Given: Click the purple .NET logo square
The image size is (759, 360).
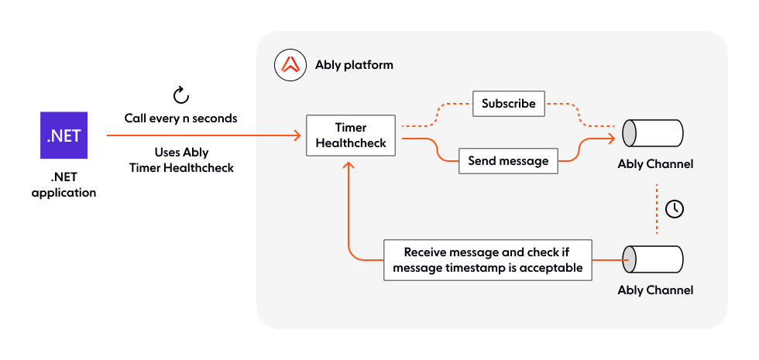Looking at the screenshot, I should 64,135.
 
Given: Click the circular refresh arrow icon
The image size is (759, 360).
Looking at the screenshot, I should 180,95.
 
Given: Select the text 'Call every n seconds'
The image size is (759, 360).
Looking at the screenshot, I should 180,118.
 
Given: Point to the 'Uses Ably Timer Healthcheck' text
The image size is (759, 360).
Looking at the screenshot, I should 180,160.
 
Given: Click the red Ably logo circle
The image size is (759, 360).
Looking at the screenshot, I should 290,65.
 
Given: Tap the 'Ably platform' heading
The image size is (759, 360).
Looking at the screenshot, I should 354,65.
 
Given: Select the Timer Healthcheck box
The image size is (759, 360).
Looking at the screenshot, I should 350,135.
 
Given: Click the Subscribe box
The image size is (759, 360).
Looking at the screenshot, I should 509,104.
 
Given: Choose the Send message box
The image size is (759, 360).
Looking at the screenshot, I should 508,161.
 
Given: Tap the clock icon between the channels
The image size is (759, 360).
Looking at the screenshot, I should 675,208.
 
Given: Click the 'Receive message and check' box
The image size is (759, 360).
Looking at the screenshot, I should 489,260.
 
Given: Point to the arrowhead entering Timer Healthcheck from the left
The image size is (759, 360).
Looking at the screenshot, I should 297,136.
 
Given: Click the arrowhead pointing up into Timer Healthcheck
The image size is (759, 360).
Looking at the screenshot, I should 350,165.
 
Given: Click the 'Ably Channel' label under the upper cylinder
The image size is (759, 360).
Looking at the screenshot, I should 655,164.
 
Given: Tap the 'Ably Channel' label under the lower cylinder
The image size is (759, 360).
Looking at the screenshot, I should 655,290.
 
